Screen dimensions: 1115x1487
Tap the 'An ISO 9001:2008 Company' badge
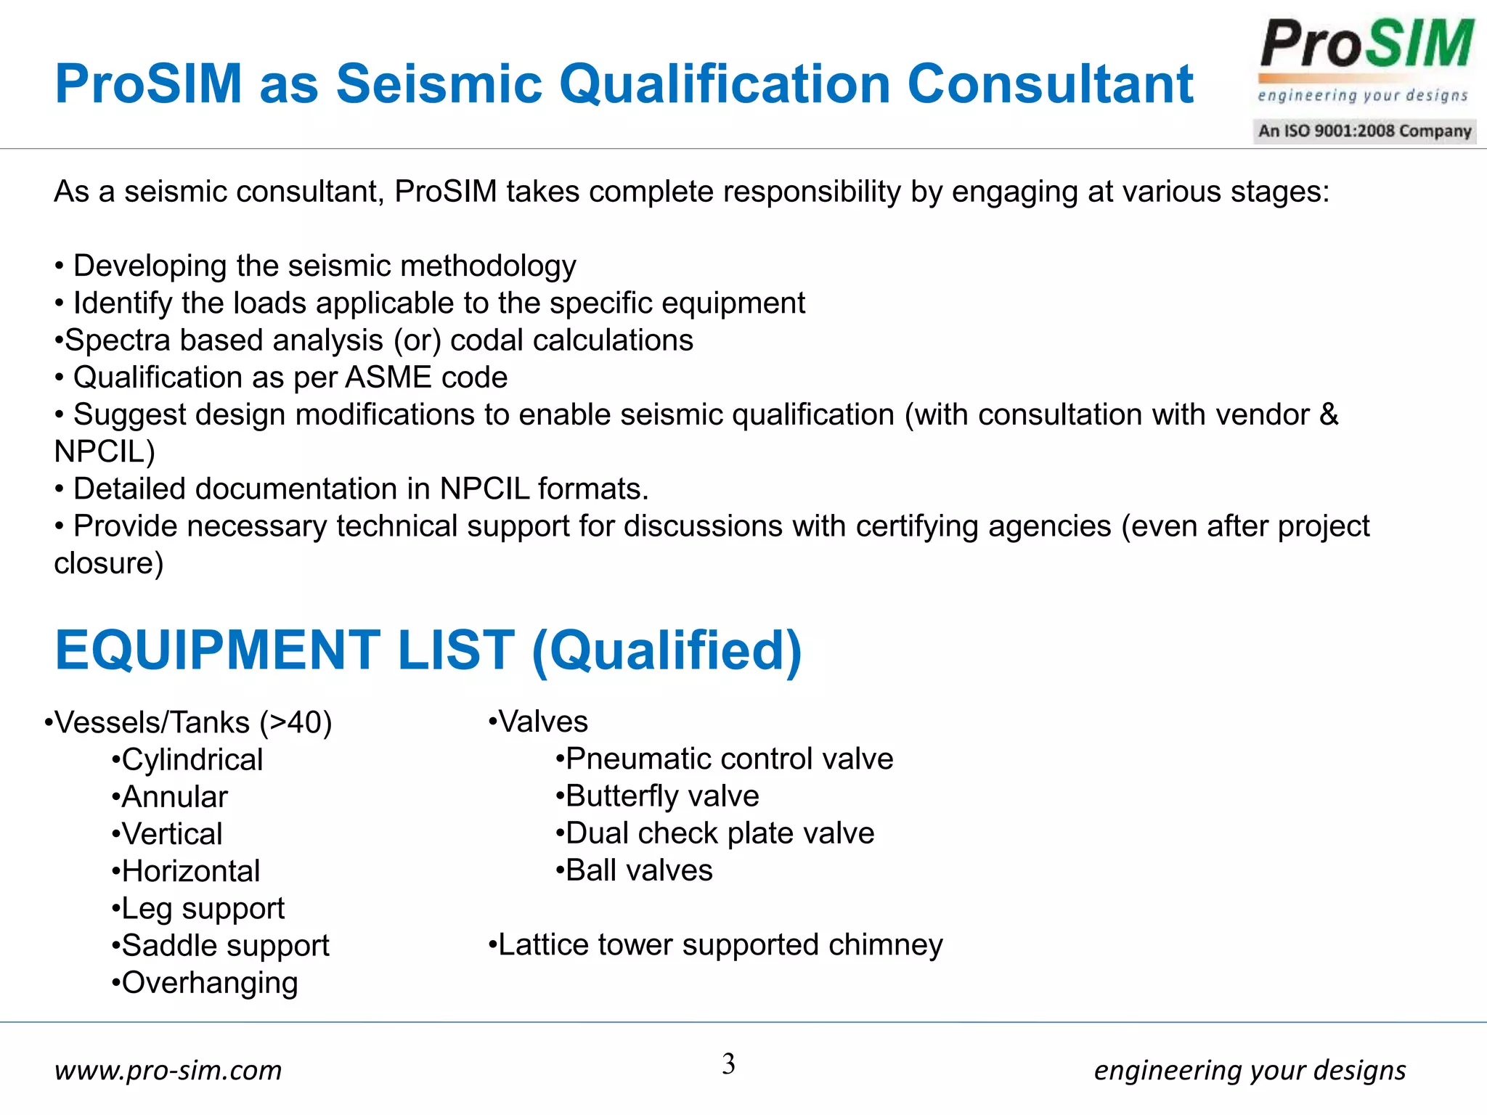coord(1364,131)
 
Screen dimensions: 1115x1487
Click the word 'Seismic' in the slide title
coord(439,84)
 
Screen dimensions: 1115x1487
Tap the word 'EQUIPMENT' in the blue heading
coord(217,650)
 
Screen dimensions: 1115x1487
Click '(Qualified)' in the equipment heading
coord(667,651)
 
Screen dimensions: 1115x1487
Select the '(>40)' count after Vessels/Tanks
coord(296,723)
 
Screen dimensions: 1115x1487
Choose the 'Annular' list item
coord(174,797)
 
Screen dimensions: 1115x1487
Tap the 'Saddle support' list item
coord(225,946)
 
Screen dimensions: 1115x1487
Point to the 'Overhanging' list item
coord(210,983)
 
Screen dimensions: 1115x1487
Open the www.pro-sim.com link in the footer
coord(168,1070)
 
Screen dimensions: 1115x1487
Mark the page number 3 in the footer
coord(728,1064)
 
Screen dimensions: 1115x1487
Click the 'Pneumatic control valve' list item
coord(729,759)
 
